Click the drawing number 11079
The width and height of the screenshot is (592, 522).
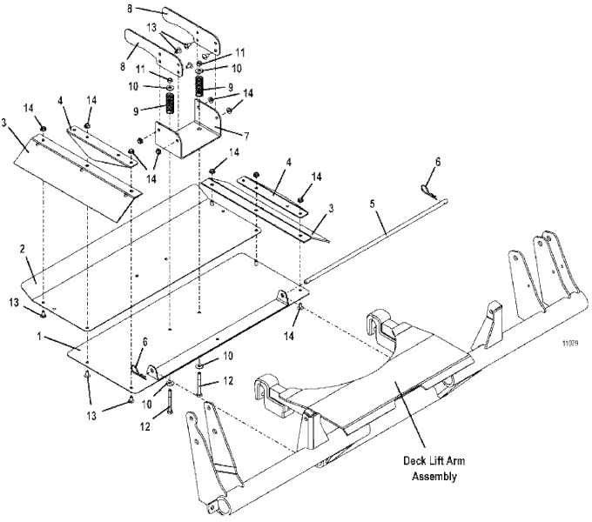click(x=569, y=344)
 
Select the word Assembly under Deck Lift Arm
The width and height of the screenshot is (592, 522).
click(x=434, y=477)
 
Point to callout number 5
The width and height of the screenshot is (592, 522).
click(x=373, y=204)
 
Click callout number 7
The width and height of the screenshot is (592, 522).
click(x=246, y=137)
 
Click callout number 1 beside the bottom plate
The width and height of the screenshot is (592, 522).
click(x=39, y=337)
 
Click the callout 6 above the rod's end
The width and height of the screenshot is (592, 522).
click(x=438, y=162)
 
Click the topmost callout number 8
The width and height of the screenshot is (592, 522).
click(x=130, y=9)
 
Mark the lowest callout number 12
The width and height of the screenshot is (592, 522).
click(x=145, y=426)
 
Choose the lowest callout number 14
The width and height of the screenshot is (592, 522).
click(x=289, y=336)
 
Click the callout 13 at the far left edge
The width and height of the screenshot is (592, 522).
click(x=14, y=303)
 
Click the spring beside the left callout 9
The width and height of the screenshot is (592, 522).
click(x=171, y=104)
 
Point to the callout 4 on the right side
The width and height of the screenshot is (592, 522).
click(x=289, y=164)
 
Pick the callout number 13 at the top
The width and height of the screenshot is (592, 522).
click(x=151, y=28)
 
